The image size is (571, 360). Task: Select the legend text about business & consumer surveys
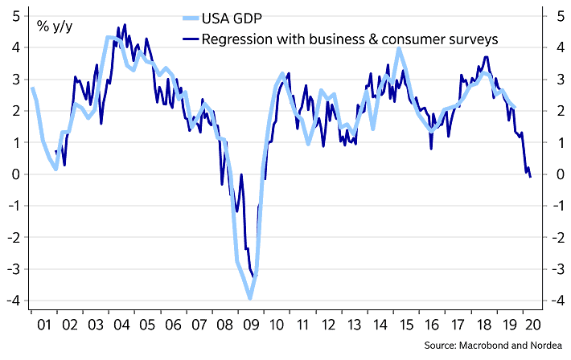(351, 38)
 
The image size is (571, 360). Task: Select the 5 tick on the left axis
(16, 15)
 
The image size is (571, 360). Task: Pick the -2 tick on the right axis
(553, 237)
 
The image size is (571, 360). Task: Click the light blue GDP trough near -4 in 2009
(250, 298)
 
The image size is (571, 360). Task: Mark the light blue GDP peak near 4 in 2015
(399, 49)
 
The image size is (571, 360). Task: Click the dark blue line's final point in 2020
(530, 177)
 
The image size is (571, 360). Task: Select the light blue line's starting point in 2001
(32, 88)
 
